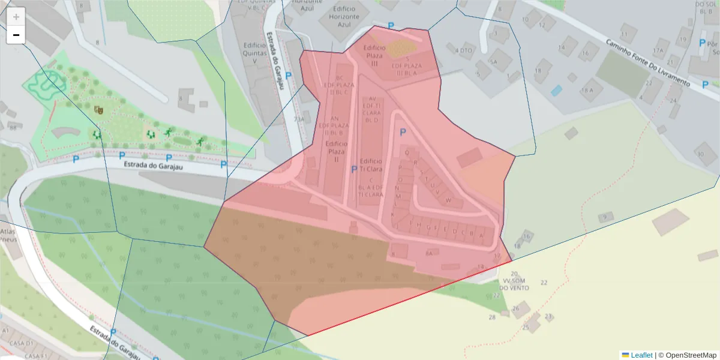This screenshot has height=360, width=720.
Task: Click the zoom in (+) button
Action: [16, 17]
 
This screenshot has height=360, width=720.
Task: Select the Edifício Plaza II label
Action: [336, 152]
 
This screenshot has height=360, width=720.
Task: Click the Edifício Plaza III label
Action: [375, 55]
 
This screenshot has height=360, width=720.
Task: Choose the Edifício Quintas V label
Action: [254, 52]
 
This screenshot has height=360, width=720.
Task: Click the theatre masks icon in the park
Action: [98, 109]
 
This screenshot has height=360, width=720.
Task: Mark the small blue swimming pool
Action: [557, 91]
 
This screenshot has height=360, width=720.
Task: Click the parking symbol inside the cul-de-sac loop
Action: [403, 133]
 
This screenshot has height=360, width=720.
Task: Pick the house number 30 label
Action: [700, 154]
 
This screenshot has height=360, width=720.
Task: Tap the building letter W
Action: [448, 200]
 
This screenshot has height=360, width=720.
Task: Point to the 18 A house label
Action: [586, 90]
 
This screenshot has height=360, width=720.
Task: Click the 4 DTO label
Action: [464, 50]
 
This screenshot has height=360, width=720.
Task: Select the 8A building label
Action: [428, 254]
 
